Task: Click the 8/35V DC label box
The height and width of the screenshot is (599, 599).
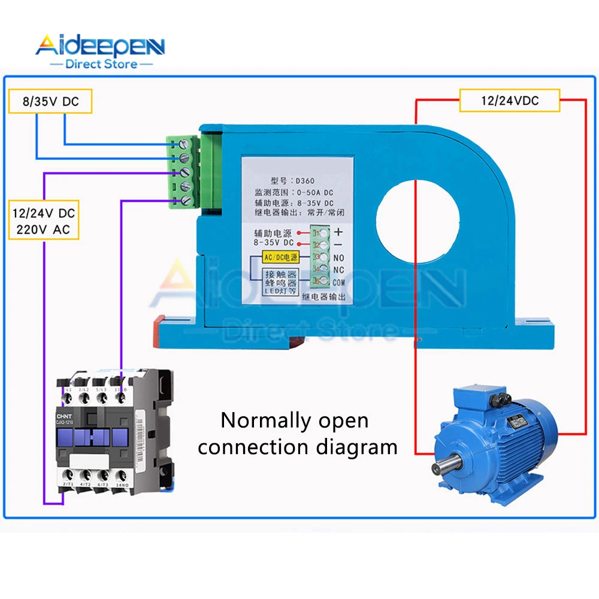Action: [x=51, y=101]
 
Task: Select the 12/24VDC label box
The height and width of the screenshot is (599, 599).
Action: [x=509, y=101]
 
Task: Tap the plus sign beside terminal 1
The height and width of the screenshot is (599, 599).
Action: [x=339, y=232]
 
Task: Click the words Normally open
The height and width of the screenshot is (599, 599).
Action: [x=295, y=420]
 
